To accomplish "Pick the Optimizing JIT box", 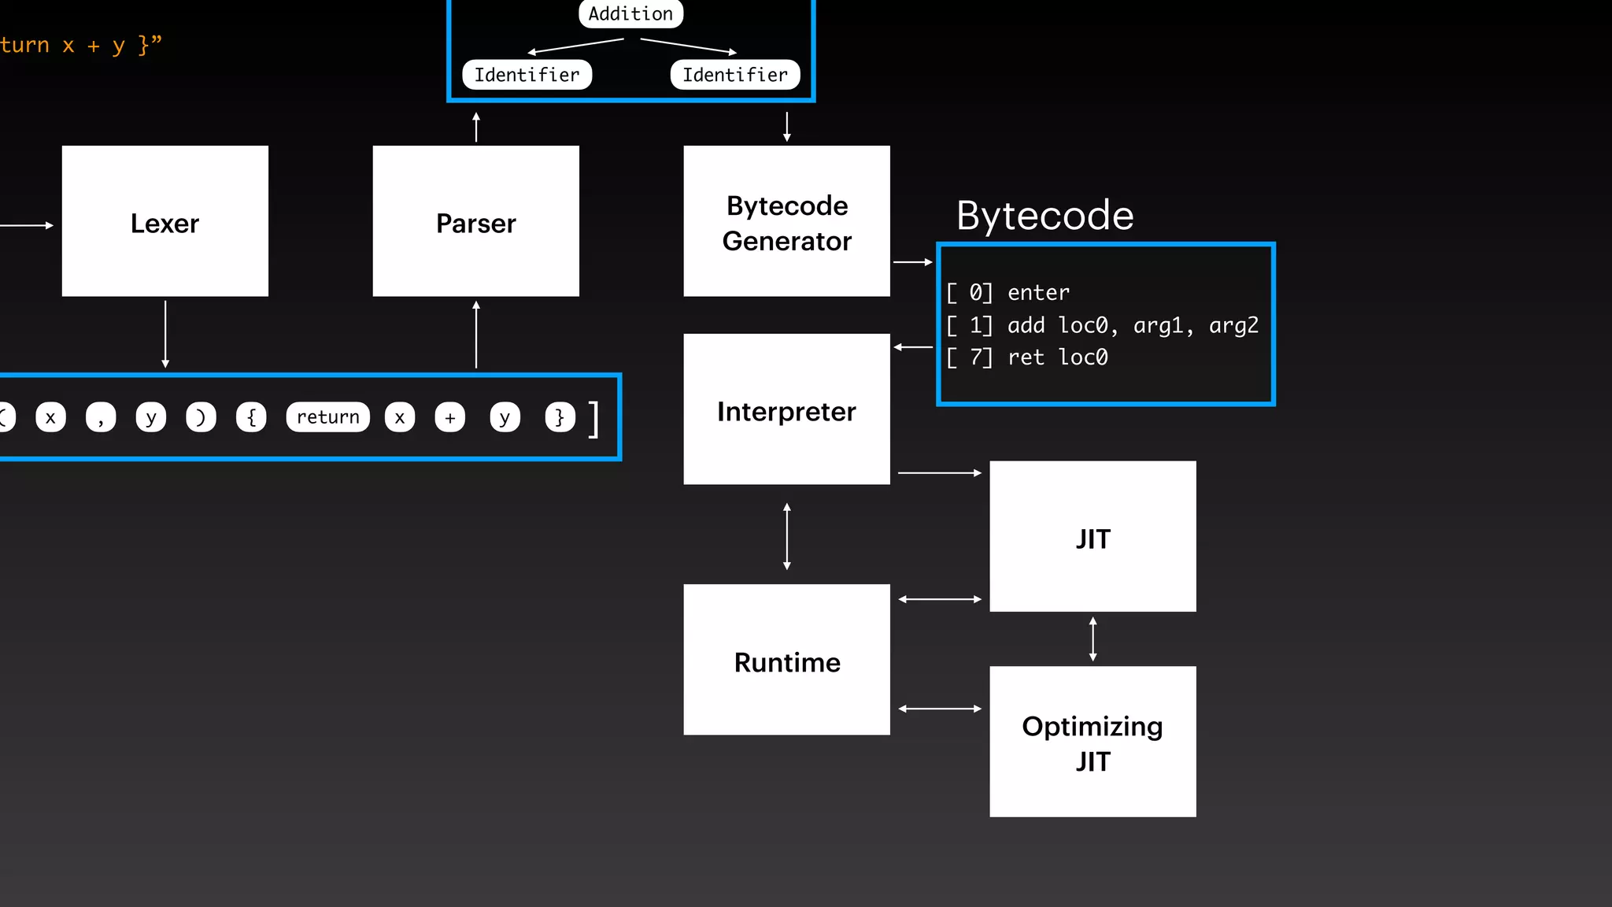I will click(1093, 742).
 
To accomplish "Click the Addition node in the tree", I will click(630, 13).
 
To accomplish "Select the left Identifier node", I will click(527, 75).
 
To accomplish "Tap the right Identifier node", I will click(734, 75).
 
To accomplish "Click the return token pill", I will click(327, 417).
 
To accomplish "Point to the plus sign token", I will click(449, 417).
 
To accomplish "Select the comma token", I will click(101, 417).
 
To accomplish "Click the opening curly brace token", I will click(251, 417).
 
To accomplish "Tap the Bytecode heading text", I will click(1044, 216).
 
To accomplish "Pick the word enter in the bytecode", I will click(1038, 293).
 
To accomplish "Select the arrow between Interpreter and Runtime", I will click(786, 536).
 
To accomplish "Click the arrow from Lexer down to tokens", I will click(165, 334).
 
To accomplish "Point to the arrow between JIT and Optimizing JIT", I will click(1093, 639).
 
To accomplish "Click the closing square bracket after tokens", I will click(593, 419).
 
